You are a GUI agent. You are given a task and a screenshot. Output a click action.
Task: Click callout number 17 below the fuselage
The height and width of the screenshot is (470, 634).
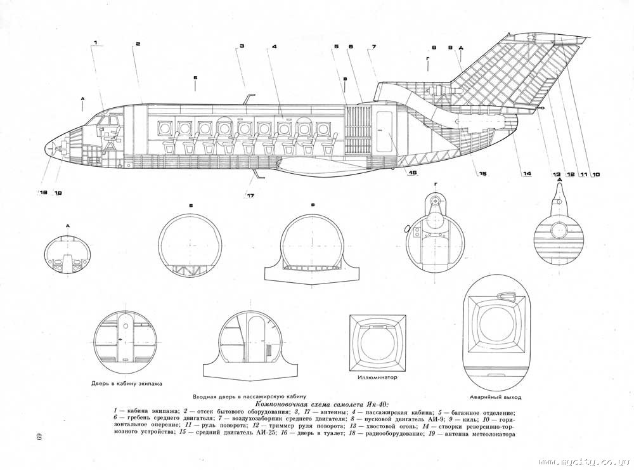250,195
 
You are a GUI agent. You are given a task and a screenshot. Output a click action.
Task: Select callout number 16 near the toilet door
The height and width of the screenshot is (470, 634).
411,172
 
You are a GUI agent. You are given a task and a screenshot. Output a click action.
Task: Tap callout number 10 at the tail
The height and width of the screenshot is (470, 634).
596,174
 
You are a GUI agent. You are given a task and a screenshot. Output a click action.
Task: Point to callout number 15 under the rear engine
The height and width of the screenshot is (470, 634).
482,174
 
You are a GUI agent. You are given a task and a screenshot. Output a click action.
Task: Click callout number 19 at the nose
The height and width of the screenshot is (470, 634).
42,192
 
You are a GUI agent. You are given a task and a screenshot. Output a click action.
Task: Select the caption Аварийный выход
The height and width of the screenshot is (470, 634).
495,397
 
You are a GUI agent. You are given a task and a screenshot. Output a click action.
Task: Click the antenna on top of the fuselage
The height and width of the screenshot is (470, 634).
247,99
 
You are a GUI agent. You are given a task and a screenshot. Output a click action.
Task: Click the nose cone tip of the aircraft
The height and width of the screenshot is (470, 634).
47,148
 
